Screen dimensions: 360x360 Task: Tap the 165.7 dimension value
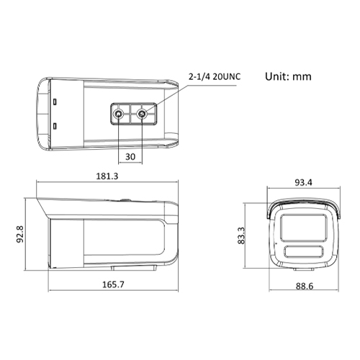click(x=113, y=284)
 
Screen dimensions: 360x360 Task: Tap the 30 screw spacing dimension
click(x=131, y=156)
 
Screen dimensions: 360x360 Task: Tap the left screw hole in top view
click(x=118, y=113)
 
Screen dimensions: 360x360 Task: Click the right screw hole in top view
click(x=143, y=113)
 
